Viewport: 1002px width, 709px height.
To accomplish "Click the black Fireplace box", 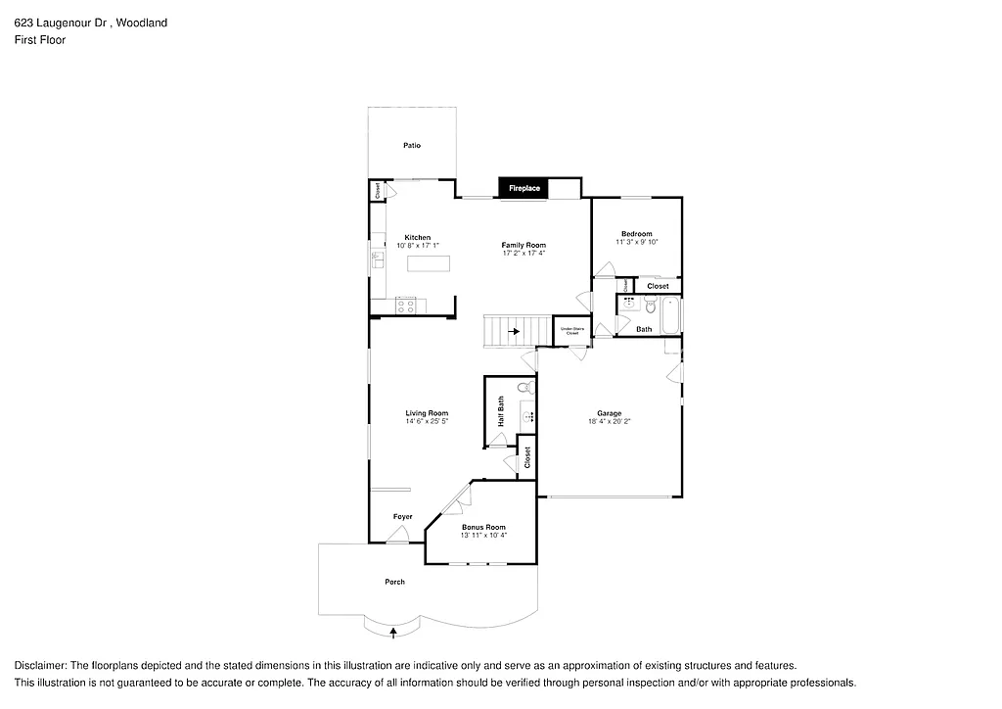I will tap(524, 187).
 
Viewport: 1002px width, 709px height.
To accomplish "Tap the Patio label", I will tap(412, 146).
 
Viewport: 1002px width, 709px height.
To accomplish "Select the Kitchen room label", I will tap(418, 237).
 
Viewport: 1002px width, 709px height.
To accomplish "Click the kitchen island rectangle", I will tap(429, 262).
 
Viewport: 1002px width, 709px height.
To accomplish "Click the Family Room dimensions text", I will tap(524, 253).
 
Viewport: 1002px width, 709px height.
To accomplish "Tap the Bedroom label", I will tap(636, 233).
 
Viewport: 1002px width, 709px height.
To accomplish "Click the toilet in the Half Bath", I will tap(522, 388).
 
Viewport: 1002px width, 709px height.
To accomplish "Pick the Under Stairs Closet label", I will tap(571, 331).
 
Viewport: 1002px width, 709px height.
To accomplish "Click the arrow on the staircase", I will tap(514, 332).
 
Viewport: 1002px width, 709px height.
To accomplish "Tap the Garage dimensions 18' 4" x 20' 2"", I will tap(610, 422).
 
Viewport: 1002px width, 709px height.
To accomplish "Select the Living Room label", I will tap(427, 413).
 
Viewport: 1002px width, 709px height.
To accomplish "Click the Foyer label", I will tap(402, 516).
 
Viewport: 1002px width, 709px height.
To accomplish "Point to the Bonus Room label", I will tap(483, 527).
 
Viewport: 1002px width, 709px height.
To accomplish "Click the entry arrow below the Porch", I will tap(393, 633).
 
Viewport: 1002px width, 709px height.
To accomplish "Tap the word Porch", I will tap(394, 582).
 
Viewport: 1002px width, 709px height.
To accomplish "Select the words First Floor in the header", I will tap(40, 40).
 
